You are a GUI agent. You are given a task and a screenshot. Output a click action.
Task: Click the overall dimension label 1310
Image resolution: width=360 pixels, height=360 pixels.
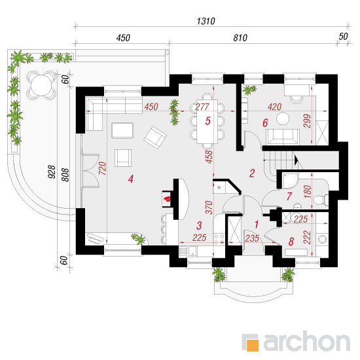pyautogui.click(x=206, y=22)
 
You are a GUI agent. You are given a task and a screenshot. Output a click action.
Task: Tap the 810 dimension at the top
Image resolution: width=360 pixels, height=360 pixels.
pyautogui.click(x=240, y=38)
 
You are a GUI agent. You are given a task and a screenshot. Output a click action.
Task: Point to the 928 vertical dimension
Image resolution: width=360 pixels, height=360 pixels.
pyautogui.click(x=52, y=171)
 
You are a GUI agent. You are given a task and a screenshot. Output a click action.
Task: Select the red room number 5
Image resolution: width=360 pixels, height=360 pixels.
pyautogui.click(x=207, y=121)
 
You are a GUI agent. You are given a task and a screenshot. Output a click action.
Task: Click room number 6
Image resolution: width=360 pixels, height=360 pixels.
pyautogui.click(x=265, y=123)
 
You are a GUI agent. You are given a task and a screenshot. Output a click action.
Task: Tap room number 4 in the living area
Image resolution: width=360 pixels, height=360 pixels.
pyautogui.click(x=131, y=179)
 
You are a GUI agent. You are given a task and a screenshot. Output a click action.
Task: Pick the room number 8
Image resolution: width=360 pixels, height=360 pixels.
pyautogui.click(x=291, y=242)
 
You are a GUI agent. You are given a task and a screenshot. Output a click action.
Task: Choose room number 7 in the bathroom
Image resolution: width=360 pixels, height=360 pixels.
pyautogui.click(x=289, y=196)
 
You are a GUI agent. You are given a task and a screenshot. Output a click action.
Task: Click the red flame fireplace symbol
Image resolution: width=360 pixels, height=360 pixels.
pyautogui.click(x=167, y=199)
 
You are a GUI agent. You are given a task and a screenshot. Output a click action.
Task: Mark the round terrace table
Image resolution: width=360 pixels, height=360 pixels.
pyautogui.click(x=41, y=85)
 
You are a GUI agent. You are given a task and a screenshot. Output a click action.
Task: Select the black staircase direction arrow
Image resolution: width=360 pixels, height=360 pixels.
pyautogui.click(x=296, y=160)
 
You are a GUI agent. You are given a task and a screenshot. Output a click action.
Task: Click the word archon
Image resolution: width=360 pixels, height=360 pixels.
pyautogui.click(x=307, y=341)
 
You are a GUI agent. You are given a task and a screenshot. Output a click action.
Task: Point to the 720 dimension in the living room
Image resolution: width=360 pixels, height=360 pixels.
pyautogui.click(x=103, y=168)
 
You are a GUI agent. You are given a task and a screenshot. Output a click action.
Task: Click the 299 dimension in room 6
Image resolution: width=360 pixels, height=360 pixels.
pyautogui.click(x=307, y=121)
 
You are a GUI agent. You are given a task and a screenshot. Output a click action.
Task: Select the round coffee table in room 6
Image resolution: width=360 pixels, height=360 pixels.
pyautogui.click(x=283, y=118)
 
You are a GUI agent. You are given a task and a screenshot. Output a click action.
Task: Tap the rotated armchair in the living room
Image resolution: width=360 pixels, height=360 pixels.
pyautogui.click(x=155, y=137)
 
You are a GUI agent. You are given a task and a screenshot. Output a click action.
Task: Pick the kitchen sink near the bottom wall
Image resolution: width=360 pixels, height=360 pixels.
pyautogui.click(x=192, y=251)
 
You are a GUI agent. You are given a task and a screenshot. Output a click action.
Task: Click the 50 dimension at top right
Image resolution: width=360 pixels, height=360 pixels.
pyautogui.click(x=343, y=37)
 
